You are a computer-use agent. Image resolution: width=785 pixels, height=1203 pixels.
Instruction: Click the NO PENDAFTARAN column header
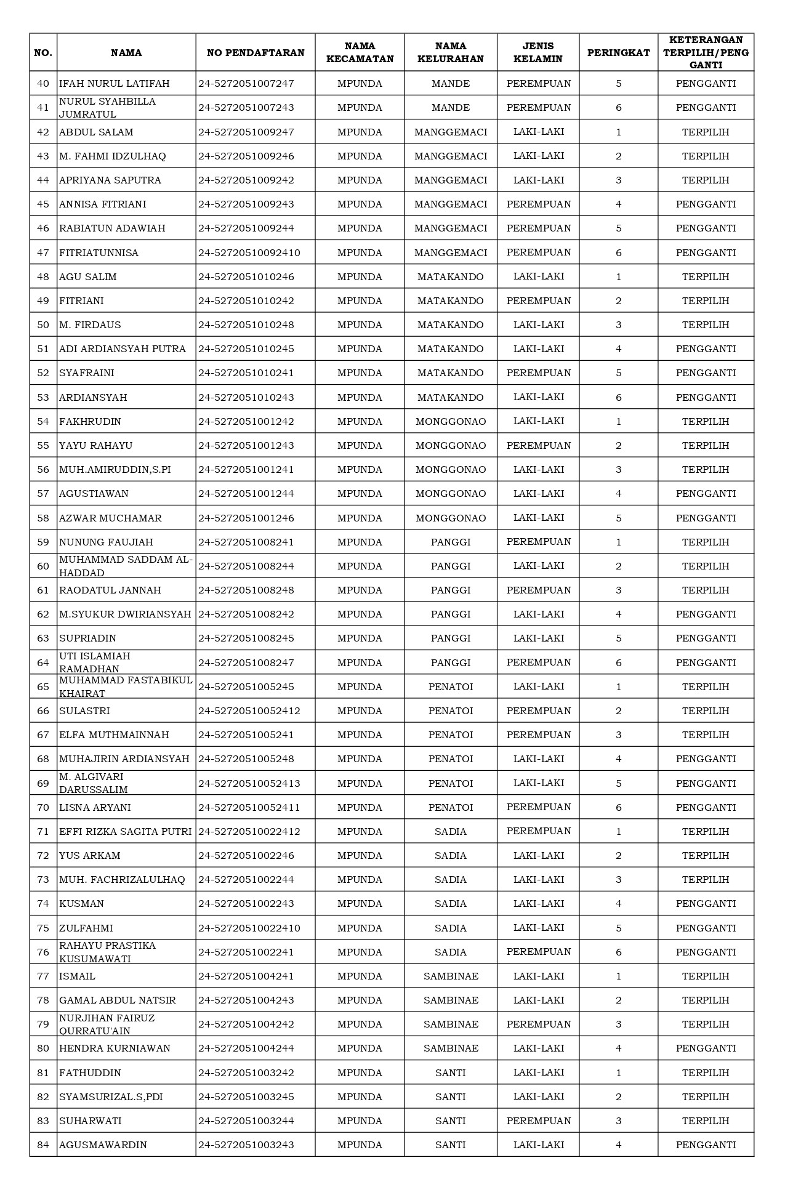(x=256, y=53)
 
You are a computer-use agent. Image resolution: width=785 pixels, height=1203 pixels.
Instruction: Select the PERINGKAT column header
(x=618, y=53)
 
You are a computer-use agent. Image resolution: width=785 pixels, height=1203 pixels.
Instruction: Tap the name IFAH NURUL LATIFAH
(x=115, y=84)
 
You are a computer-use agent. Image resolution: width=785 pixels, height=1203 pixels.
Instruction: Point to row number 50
(x=43, y=325)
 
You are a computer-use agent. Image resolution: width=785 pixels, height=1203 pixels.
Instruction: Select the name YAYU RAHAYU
(x=96, y=446)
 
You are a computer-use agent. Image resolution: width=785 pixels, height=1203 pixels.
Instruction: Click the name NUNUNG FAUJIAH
(x=106, y=542)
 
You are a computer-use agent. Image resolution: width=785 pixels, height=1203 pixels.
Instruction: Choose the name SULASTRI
(x=84, y=711)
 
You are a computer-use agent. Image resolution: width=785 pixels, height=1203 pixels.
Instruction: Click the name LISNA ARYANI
(x=95, y=808)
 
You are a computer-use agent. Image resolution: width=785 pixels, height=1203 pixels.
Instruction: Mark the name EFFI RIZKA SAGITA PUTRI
(x=126, y=832)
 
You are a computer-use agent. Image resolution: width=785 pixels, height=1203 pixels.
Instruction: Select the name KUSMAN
(x=81, y=904)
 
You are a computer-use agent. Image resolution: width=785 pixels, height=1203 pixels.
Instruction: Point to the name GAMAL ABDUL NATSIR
(x=118, y=1000)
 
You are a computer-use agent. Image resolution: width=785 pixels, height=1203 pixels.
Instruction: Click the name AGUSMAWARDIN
(x=103, y=1145)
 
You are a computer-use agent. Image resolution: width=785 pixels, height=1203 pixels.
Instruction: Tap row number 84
(x=43, y=1145)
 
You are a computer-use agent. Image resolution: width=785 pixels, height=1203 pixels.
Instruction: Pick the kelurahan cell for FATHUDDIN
(x=451, y=1073)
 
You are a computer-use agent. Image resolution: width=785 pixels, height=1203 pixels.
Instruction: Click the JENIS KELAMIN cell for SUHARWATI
(x=539, y=1121)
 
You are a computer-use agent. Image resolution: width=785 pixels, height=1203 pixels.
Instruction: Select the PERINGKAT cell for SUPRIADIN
(x=618, y=638)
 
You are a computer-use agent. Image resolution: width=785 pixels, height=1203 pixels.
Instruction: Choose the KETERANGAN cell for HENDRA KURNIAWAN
(x=706, y=1048)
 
